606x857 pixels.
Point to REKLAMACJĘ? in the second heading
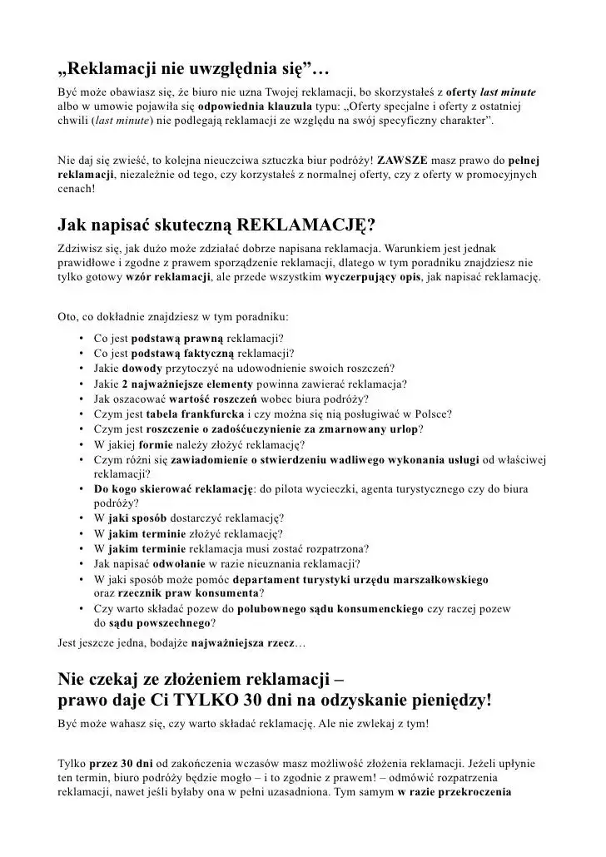pos(305,225)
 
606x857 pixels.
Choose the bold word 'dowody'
pos(142,369)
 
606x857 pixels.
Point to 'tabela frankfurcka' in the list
pos(197,414)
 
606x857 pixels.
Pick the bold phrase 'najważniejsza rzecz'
pos(243,642)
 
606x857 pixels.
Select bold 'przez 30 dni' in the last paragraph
pos(122,763)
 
